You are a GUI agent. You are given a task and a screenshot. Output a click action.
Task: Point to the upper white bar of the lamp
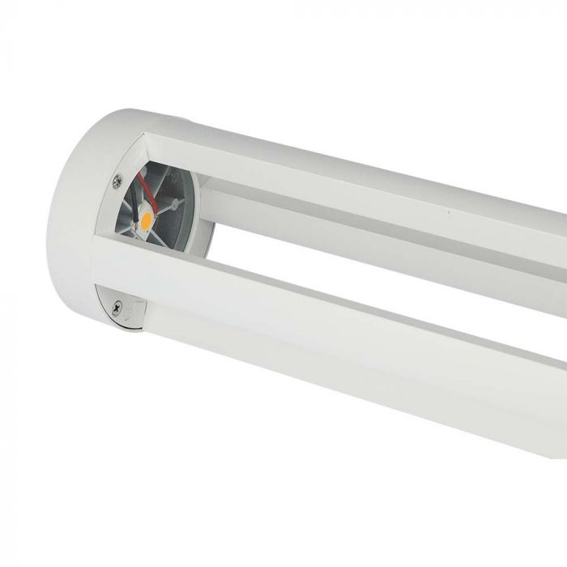(x=364, y=186)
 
